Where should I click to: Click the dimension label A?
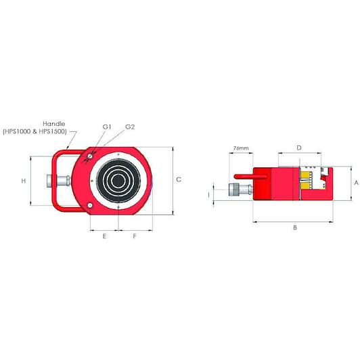point(356,183)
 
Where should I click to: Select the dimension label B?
point(295,227)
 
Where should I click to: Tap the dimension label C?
point(179,179)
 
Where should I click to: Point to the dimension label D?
point(299,148)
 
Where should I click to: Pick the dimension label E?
point(104,236)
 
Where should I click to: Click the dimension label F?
point(135,236)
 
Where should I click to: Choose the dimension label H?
point(24,181)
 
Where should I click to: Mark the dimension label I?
point(208,195)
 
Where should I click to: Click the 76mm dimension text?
point(241,148)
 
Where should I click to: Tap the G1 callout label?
point(107,127)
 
